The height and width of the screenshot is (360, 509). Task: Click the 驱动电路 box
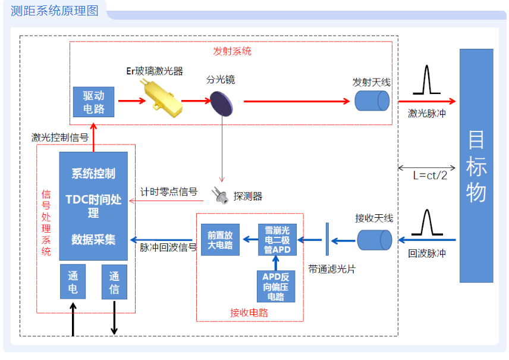pos(93,102)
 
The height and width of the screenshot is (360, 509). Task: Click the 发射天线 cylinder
pos(372,100)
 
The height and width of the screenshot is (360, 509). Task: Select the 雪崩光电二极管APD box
pos(277,239)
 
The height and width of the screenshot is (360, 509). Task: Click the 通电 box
pos(73,282)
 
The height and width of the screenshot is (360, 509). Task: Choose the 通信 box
pos(114,282)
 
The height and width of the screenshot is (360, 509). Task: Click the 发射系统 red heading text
pos(232,51)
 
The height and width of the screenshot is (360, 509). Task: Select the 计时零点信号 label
pos(168,192)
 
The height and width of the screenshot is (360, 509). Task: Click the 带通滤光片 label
pos(332,269)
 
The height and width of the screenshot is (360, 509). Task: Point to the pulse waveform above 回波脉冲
pos(426,223)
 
